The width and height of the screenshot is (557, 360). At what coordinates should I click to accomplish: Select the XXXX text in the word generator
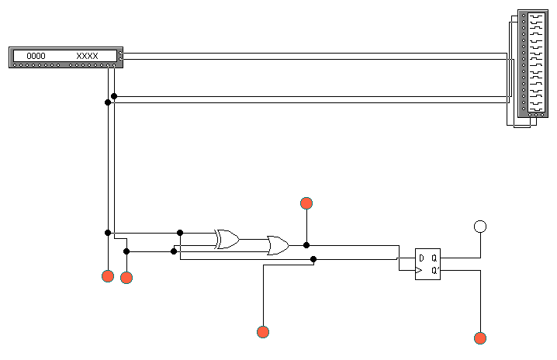pyautogui.click(x=87, y=56)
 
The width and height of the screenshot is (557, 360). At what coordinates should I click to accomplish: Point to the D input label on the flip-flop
pyautogui.click(x=421, y=258)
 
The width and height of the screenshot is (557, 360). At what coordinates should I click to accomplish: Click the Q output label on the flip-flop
pyautogui.click(x=434, y=258)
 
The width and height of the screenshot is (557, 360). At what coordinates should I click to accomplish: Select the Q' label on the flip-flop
pyautogui.click(x=434, y=270)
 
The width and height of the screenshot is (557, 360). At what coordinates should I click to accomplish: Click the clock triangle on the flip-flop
pyautogui.click(x=419, y=270)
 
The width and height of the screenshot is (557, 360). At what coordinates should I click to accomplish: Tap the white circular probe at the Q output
pyautogui.click(x=480, y=227)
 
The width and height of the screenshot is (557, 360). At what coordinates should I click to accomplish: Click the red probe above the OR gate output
pyautogui.click(x=306, y=203)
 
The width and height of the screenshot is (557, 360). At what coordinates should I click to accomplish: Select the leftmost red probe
pyautogui.click(x=108, y=275)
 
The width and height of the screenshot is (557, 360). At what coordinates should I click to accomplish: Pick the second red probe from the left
pyautogui.click(x=126, y=278)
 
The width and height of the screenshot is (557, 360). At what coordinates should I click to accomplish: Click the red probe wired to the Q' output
pyautogui.click(x=480, y=337)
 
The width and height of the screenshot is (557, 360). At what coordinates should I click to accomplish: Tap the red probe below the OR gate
pyautogui.click(x=263, y=332)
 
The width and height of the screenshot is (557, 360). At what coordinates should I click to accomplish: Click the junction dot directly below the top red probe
pyautogui.click(x=306, y=245)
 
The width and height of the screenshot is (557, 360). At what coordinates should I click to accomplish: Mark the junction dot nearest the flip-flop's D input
pyautogui.click(x=313, y=259)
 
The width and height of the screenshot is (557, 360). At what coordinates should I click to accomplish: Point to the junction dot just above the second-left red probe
pyautogui.click(x=126, y=251)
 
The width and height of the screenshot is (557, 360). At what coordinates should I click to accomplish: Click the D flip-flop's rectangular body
pyautogui.click(x=427, y=265)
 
